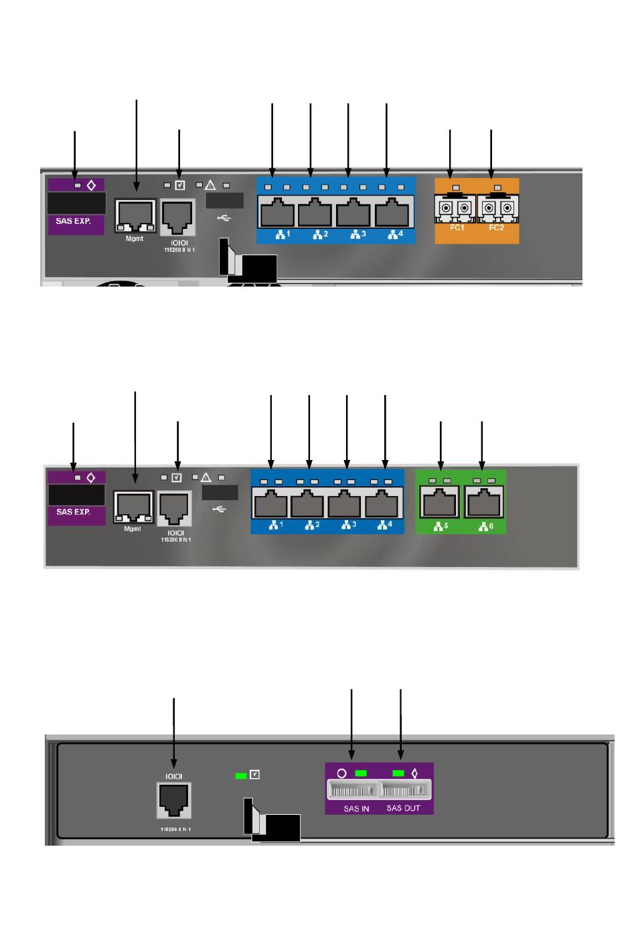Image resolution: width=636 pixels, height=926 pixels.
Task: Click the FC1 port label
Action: (x=457, y=228)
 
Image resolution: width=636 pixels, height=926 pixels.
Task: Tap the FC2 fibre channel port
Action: (x=497, y=209)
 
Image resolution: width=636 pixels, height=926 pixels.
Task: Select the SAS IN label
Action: (x=356, y=809)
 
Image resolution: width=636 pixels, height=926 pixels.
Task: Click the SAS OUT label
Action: (x=403, y=808)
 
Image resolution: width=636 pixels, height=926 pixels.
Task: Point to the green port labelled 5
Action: (x=440, y=503)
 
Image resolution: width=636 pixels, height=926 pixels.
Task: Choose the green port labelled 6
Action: (x=483, y=503)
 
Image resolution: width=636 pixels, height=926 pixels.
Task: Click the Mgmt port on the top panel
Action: (x=135, y=215)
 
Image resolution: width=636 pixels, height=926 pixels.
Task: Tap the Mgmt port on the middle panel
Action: (x=133, y=508)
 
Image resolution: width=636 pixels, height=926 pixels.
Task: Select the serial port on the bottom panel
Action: (x=173, y=800)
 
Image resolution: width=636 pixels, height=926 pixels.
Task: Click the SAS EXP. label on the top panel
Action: (x=73, y=221)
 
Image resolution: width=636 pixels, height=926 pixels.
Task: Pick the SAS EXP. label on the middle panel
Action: (x=73, y=512)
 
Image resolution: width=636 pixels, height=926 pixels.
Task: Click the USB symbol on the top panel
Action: (x=224, y=218)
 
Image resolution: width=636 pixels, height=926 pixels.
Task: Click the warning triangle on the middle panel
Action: (x=206, y=477)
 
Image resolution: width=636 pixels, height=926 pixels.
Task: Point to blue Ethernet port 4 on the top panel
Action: (x=392, y=214)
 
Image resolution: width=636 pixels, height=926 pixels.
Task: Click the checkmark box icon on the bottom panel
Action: (x=254, y=775)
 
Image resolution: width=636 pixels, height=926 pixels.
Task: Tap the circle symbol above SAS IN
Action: (x=341, y=773)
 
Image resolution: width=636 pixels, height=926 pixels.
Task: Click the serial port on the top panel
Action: (x=177, y=215)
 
